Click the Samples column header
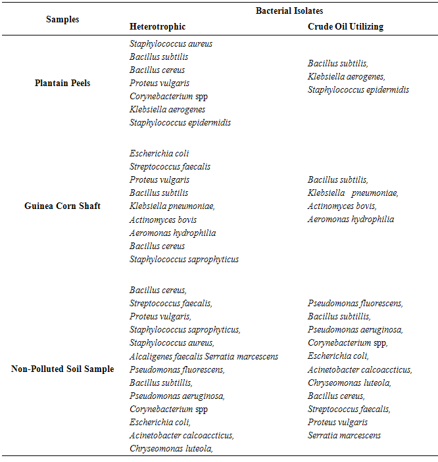(x=62, y=19)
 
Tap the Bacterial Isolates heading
(x=289, y=11)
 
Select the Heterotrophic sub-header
(x=157, y=27)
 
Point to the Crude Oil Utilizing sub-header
(x=345, y=27)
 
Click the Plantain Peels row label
(x=62, y=83)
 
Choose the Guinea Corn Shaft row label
(x=62, y=206)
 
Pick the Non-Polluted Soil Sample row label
(x=62, y=369)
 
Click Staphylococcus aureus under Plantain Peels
(x=171, y=44)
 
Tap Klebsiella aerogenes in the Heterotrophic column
(x=167, y=110)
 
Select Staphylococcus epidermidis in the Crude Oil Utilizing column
(x=358, y=90)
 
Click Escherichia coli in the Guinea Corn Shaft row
(x=158, y=154)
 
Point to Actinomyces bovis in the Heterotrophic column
(x=163, y=219)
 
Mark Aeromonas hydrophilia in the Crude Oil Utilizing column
(x=351, y=219)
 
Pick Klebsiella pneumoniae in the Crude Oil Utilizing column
(x=353, y=193)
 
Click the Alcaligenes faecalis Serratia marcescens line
(x=204, y=356)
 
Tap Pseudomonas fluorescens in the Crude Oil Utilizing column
(x=355, y=304)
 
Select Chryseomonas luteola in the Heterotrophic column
(x=171, y=448)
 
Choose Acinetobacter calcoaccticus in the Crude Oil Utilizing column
(x=360, y=369)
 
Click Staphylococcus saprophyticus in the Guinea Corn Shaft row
(x=184, y=259)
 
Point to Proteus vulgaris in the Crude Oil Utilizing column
(x=337, y=422)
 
